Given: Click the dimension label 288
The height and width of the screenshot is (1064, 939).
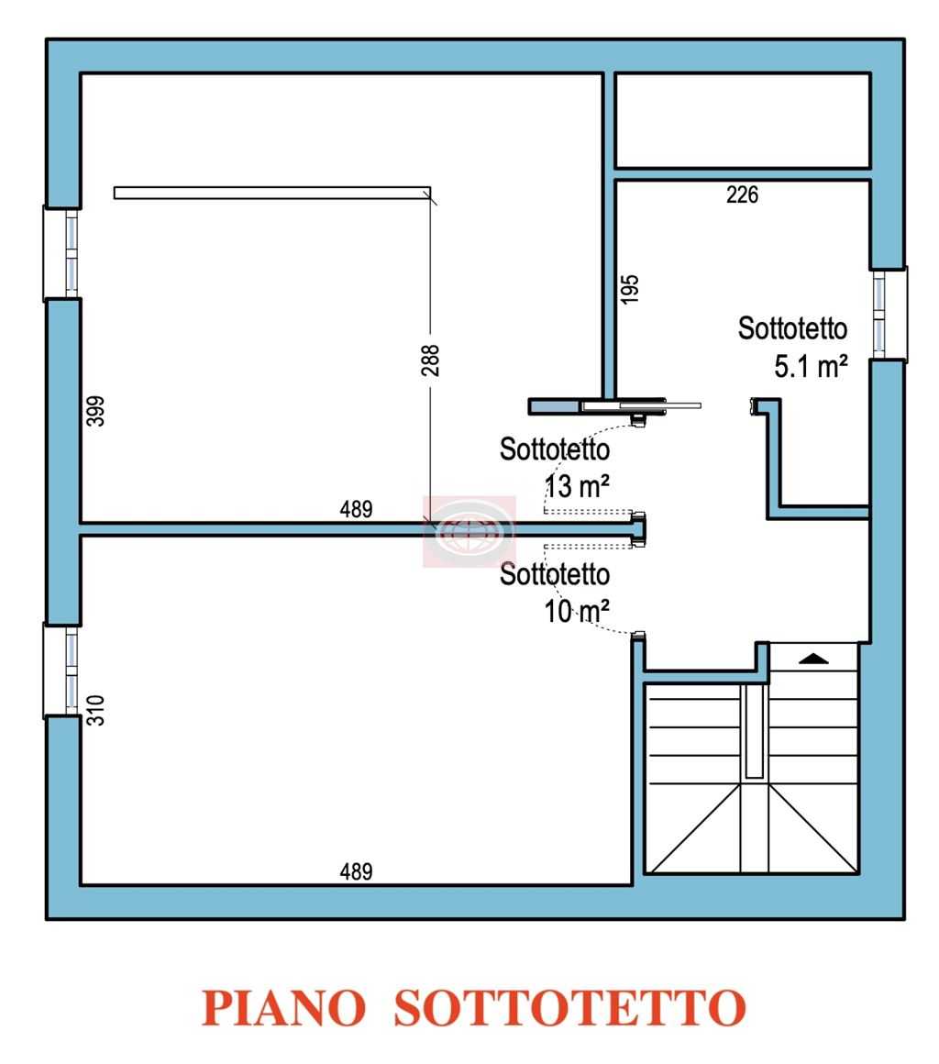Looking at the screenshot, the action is [430, 360].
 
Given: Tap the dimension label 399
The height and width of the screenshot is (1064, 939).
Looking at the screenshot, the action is [96, 411].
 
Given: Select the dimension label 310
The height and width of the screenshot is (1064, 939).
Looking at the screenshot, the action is [96, 710].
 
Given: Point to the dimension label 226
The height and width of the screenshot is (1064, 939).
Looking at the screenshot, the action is [742, 194].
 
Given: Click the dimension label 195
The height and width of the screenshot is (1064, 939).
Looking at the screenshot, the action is [630, 289].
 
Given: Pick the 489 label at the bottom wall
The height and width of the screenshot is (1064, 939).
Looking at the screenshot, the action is [356, 871].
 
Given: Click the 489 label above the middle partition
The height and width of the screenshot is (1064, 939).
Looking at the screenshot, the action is [356, 509].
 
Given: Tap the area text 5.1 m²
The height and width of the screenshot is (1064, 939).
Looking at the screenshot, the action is [811, 366].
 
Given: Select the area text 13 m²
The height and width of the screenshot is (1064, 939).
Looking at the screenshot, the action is [577, 486].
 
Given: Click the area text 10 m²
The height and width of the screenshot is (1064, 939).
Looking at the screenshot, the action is [577, 611].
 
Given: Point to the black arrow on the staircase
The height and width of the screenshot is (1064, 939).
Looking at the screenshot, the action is [813, 659].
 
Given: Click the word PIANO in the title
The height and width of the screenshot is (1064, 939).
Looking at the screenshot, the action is [283, 1008].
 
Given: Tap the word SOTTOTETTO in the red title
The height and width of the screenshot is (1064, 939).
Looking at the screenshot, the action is [570, 1008].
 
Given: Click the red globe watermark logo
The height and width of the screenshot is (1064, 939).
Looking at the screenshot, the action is [469, 531].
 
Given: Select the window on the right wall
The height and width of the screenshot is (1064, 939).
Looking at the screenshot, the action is [889, 314].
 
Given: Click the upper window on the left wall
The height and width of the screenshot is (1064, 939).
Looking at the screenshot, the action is [61, 252].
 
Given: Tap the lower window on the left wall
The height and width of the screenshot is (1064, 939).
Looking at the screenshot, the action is [61, 671].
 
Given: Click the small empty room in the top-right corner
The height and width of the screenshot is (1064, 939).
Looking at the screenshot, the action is [742, 120].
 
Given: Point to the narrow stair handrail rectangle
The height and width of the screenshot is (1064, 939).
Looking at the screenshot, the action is [754, 731].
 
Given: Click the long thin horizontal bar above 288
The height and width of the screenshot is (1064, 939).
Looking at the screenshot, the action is [272, 193].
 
